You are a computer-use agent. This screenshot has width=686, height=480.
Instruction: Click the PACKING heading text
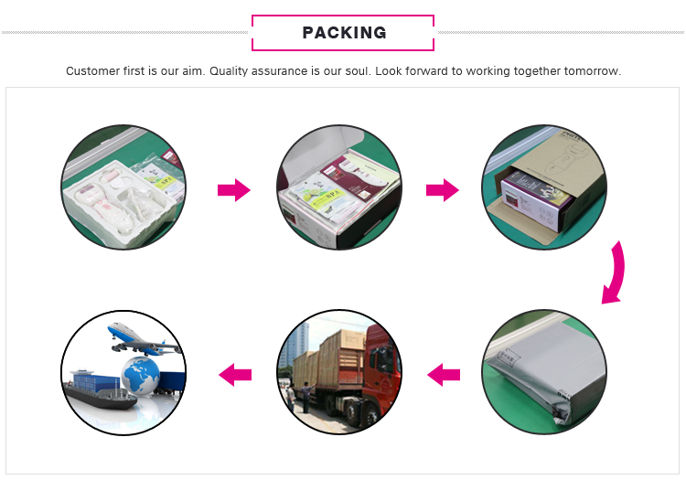point(343,33)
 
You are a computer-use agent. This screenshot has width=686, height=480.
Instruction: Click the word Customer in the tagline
point(91,70)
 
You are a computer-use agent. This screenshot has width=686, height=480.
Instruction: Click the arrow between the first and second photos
point(233,190)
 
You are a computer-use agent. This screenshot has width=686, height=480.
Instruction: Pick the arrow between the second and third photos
point(443,190)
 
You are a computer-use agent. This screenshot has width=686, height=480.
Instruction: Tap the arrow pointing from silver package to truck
point(444,373)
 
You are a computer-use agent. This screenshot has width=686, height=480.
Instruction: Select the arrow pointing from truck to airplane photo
point(234,373)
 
